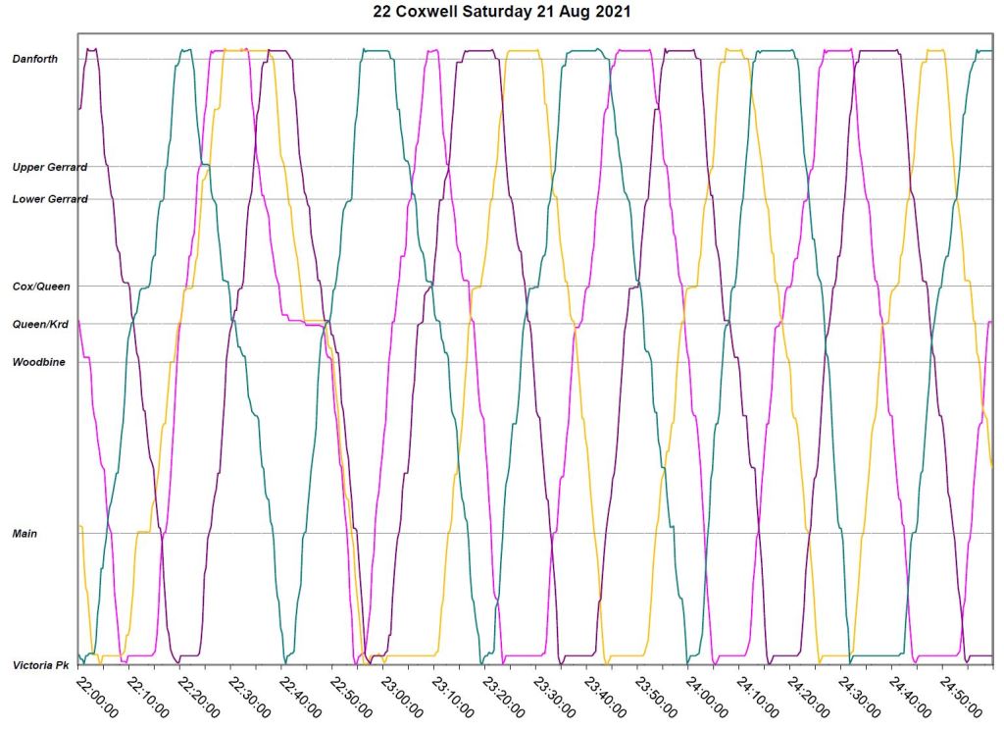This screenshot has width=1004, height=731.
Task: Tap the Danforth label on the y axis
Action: (34, 59)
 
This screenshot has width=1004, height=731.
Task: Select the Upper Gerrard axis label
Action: (49, 168)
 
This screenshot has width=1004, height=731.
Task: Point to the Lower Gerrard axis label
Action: (49, 199)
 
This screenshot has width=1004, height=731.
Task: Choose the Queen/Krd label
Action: (40, 325)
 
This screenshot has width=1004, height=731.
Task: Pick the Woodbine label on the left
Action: (38, 362)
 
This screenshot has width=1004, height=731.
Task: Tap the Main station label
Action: (25, 534)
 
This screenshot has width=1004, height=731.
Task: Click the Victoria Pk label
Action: (40, 665)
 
